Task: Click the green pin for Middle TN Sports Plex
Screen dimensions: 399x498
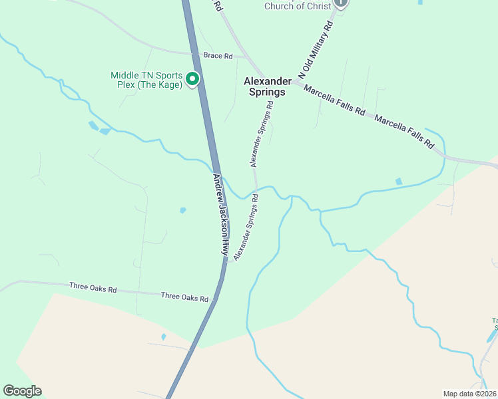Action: [x=192, y=79]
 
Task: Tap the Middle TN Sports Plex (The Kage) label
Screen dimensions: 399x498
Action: [x=146, y=80]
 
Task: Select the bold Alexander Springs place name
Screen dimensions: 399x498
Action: [x=268, y=86]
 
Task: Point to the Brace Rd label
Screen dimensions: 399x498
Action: [x=218, y=57]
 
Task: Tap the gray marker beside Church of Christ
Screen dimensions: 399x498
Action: [x=341, y=3]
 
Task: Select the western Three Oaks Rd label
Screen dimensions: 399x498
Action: [x=93, y=289]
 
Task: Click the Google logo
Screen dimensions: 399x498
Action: [x=22, y=391]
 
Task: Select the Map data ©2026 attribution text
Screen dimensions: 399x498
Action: [x=469, y=394]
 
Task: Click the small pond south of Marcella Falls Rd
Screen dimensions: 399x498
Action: [x=398, y=181]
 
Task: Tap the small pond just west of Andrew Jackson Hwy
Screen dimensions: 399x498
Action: [x=182, y=211]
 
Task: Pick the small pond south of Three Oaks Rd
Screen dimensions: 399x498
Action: [x=163, y=337]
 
